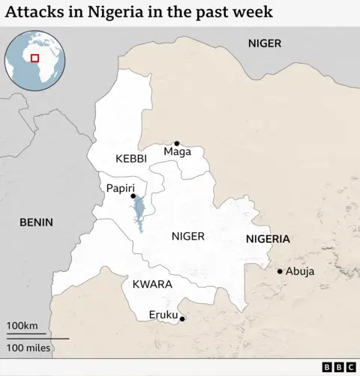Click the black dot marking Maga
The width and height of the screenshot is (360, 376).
pyautogui.click(x=177, y=143)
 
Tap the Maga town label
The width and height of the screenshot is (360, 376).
pyautogui.click(x=177, y=152)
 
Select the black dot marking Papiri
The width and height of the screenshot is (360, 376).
pyautogui.click(x=133, y=196)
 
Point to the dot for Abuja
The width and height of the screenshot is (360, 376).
pyautogui.click(x=280, y=271)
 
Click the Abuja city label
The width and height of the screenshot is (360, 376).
pyautogui.click(x=300, y=271)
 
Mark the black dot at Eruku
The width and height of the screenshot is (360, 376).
pyautogui.click(x=181, y=319)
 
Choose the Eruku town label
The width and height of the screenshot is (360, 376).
pyautogui.click(x=163, y=315)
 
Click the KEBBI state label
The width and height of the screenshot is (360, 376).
pyautogui.click(x=130, y=159)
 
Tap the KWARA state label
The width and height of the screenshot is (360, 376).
pyautogui.click(x=152, y=285)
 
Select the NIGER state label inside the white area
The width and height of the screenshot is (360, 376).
pyautogui.click(x=187, y=236)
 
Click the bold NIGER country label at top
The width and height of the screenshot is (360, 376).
pyautogui.click(x=265, y=43)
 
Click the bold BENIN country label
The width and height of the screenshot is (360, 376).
pyautogui.click(x=35, y=222)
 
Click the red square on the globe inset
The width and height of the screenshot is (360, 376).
pyautogui.click(x=34, y=58)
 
